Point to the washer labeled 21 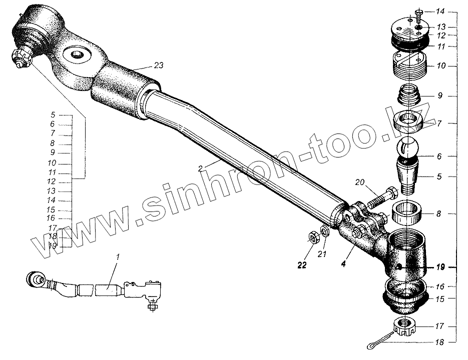point(324,232)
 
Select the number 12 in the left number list point(52,181)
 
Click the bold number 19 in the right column point(439,267)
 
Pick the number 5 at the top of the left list point(53,114)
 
